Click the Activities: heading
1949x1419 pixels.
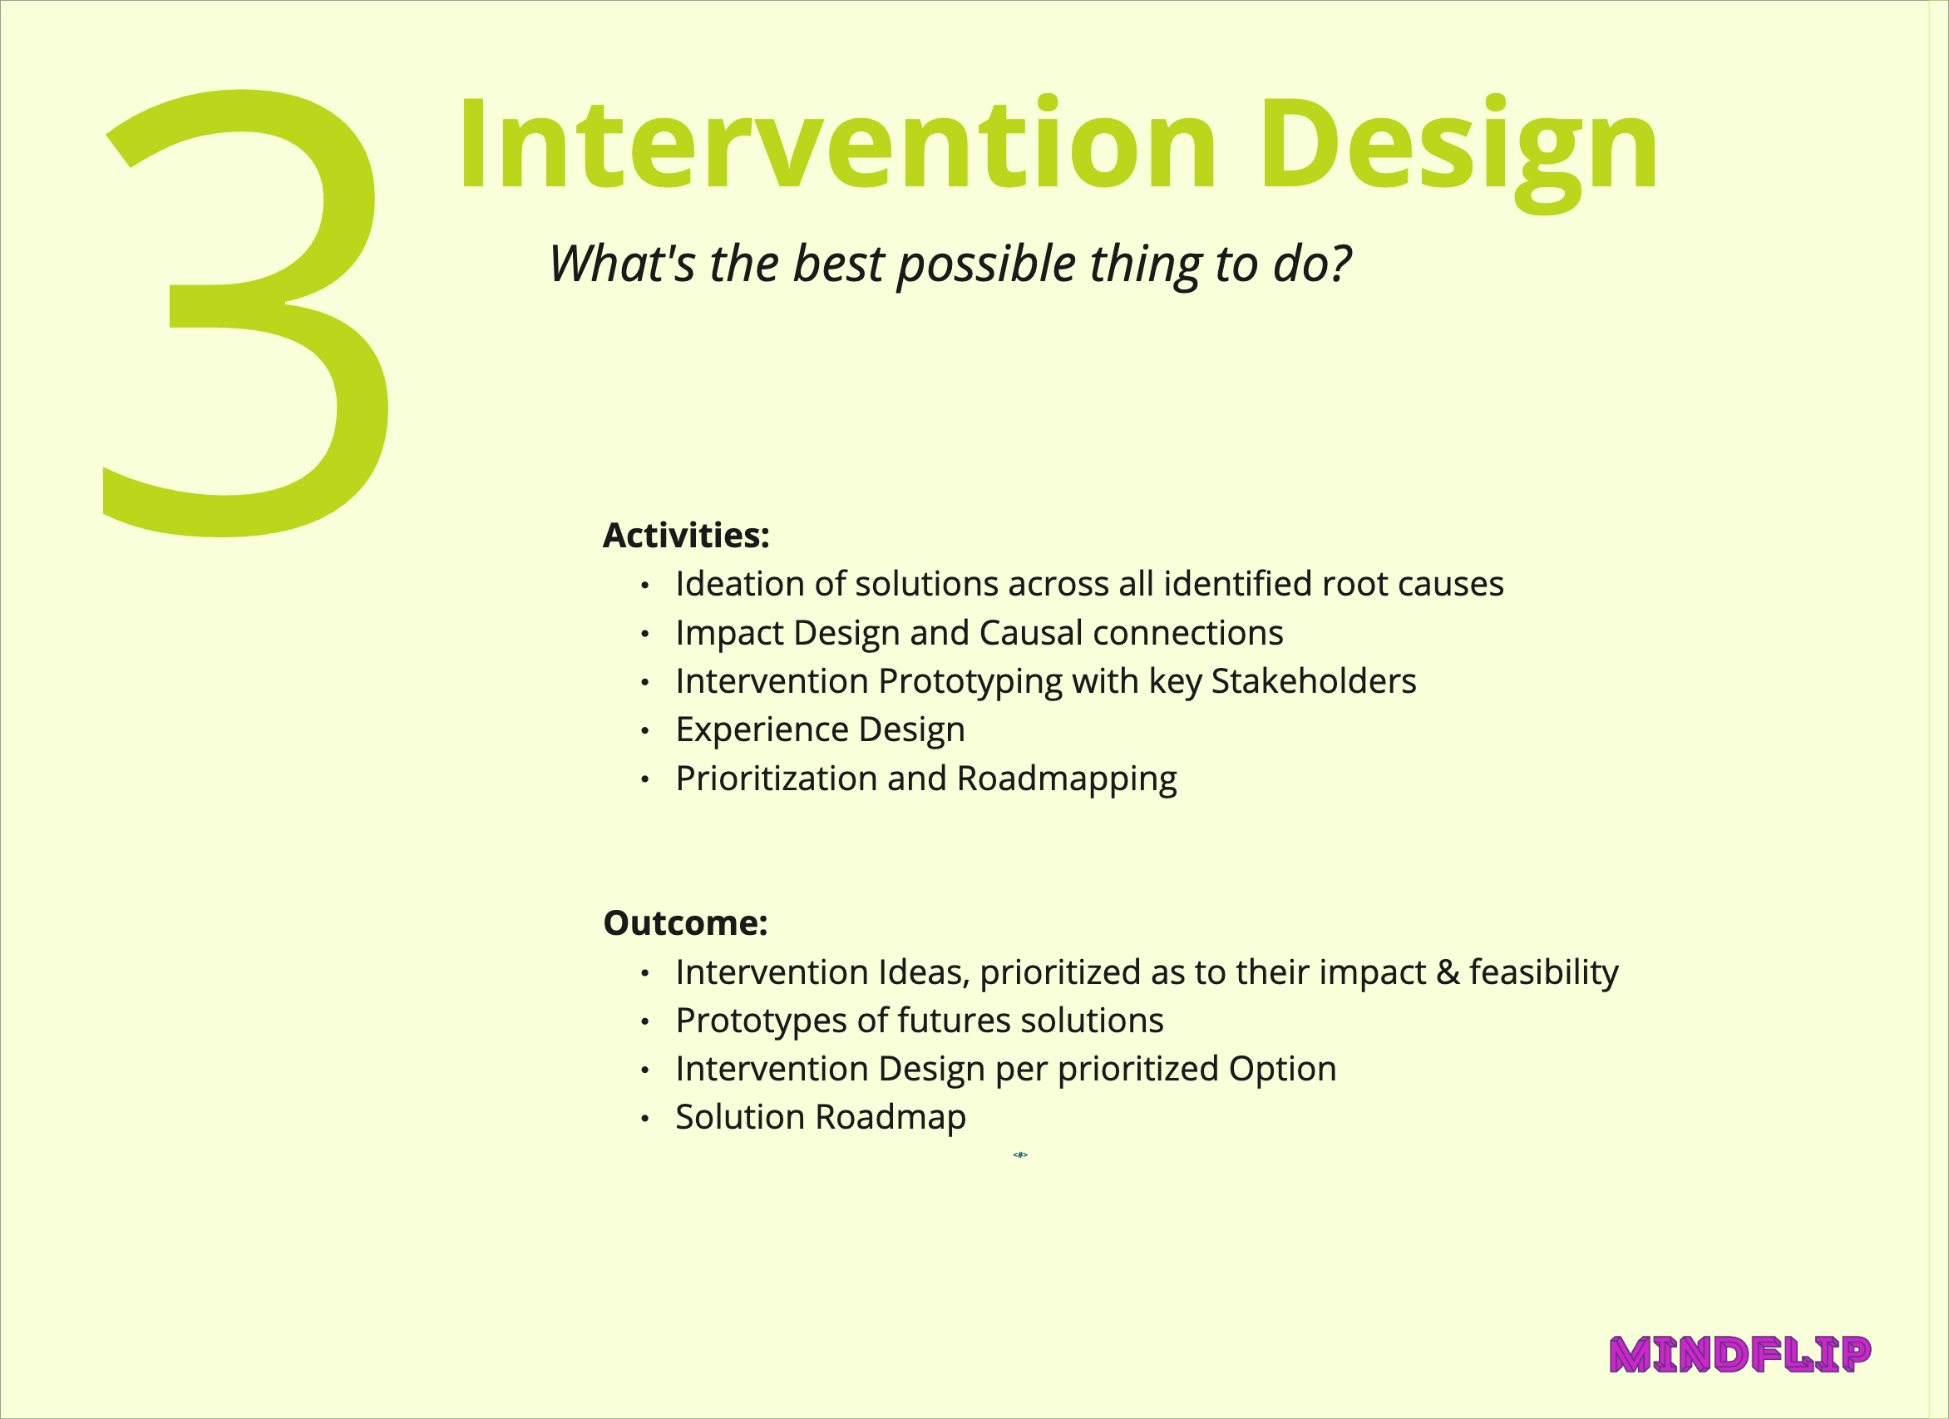(686, 536)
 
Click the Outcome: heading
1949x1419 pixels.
(685, 923)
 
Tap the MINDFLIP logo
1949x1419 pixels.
(1740, 1355)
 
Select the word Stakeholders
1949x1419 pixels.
(1313, 680)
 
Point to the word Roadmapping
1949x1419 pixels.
(1067, 779)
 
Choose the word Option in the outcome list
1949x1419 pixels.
(1282, 1070)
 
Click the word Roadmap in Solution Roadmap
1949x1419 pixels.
(891, 1118)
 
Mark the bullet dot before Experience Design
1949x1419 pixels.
(644, 730)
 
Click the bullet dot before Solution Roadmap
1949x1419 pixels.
(644, 1118)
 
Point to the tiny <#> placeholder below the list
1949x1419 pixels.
(1020, 1154)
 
